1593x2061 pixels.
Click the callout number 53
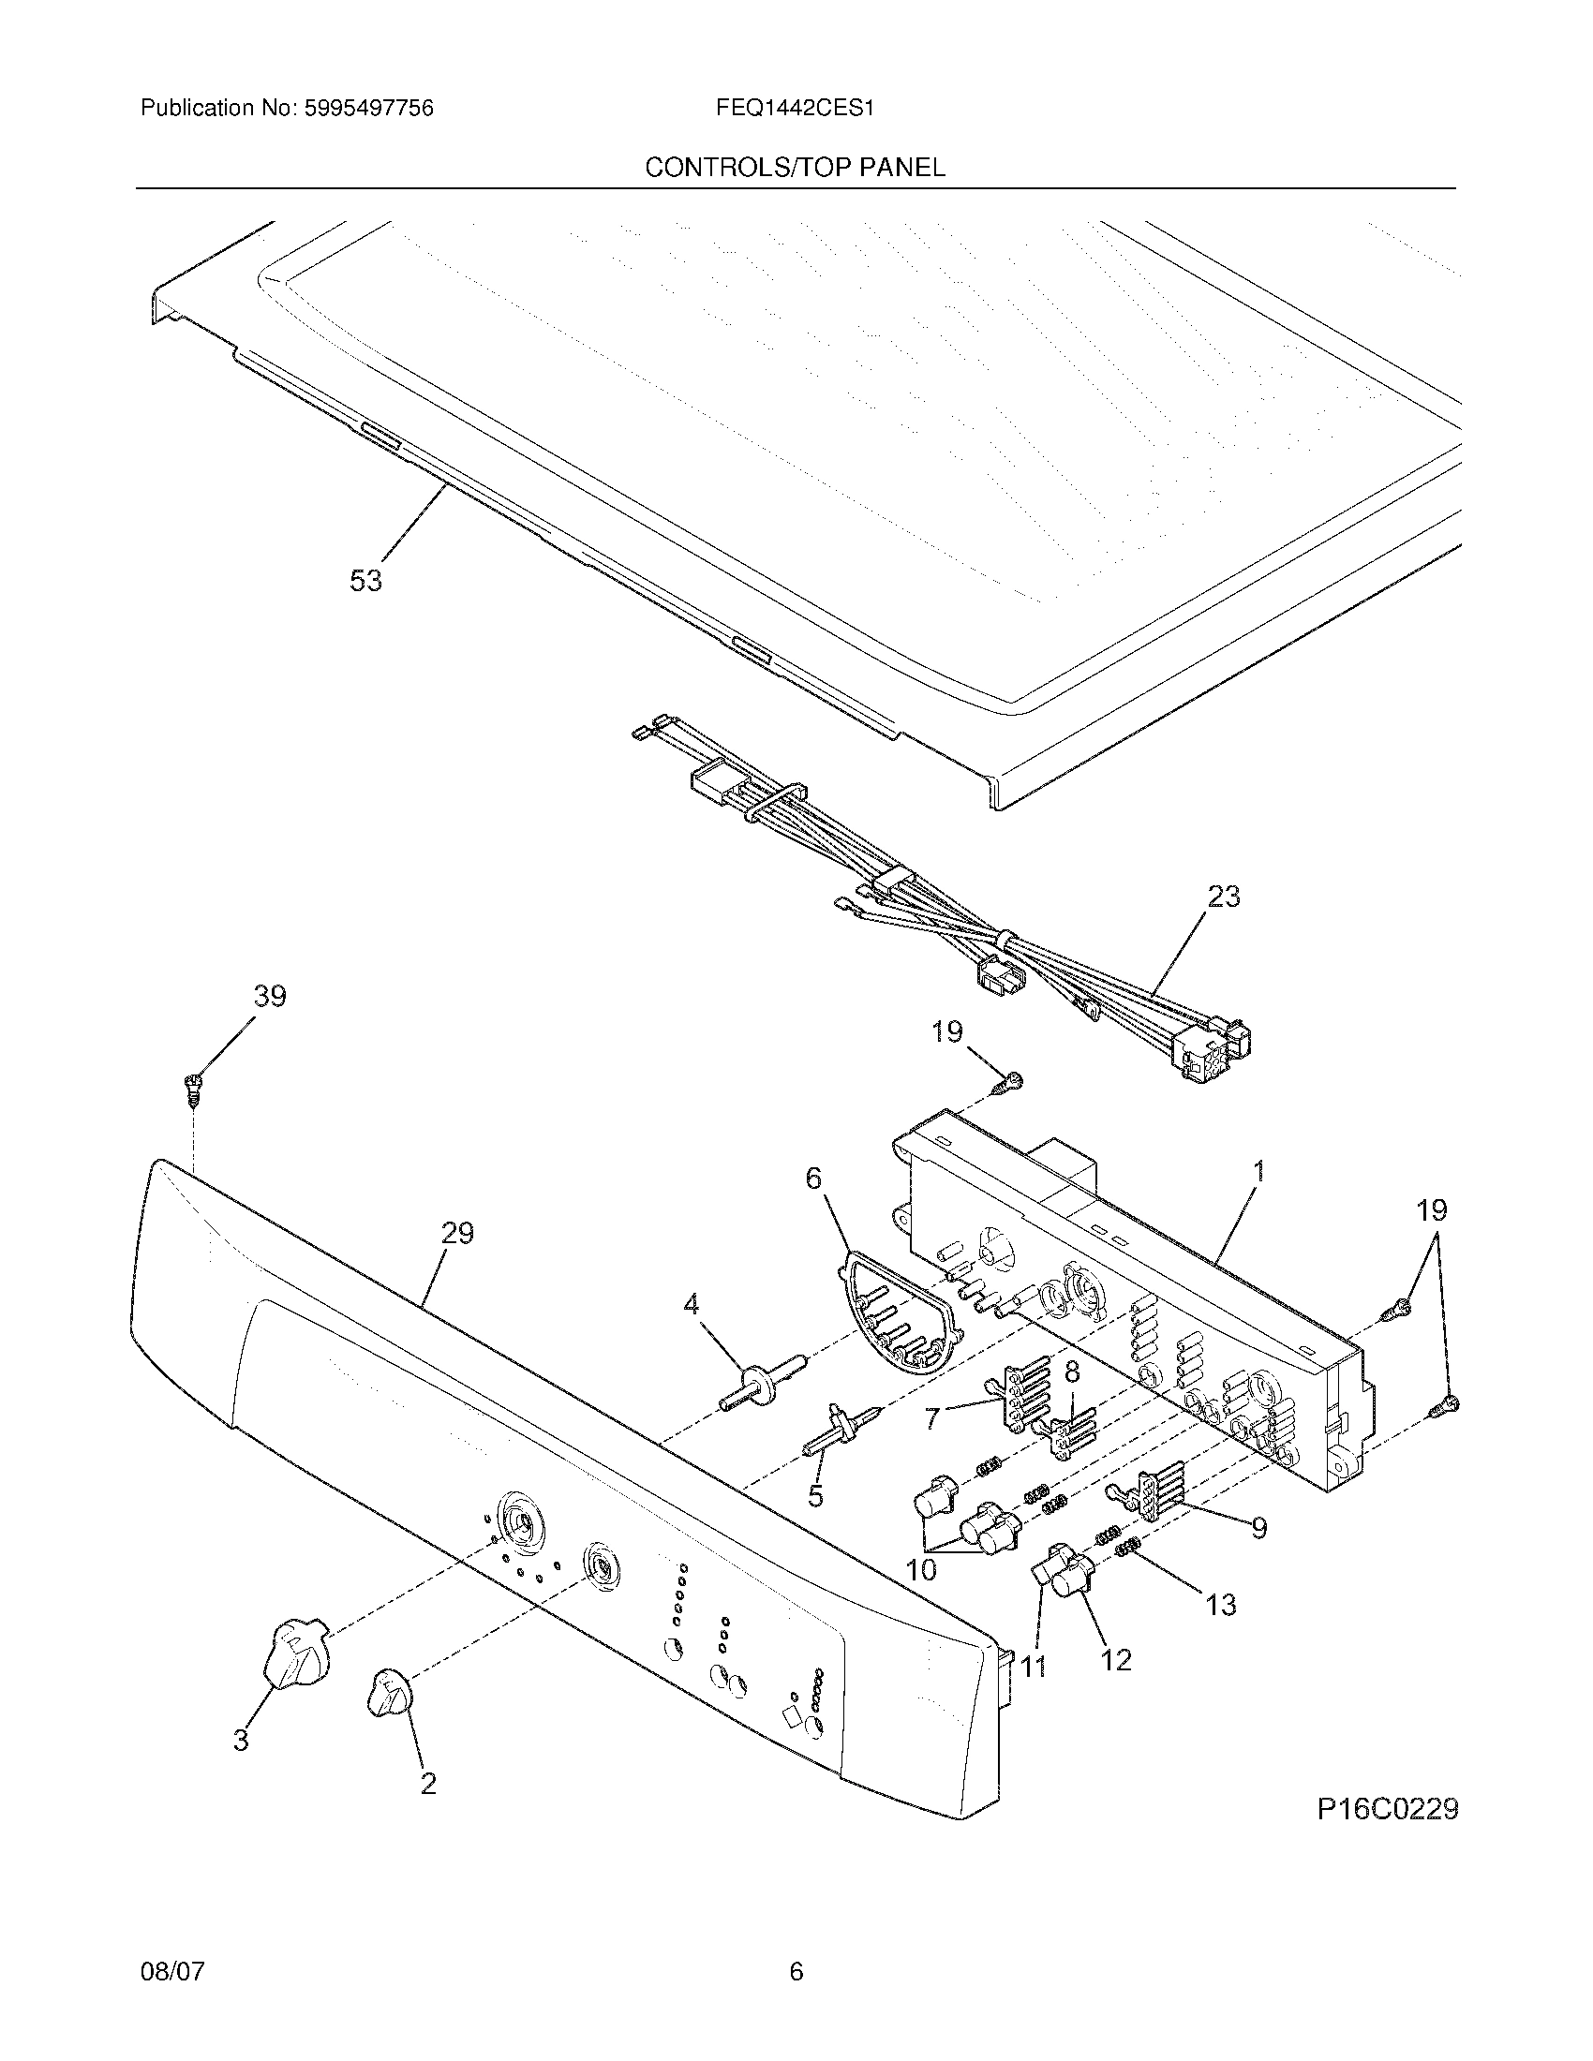pyautogui.click(x=366, y=581)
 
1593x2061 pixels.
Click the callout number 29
pyautogui.click(x=457, y=1234)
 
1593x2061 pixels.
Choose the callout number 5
pyautogui.click(x=815, y=1495)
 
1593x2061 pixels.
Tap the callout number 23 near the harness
pyautogui.click(x=1224, y=896)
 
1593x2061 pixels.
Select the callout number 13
pyautogui.click(x=1221, y=1604)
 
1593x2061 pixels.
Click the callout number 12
pyautogui.click(x=1116, y=1660)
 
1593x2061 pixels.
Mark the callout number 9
pyautogui.click(x=1258, y=1528)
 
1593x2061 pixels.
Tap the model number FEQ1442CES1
pyautogui.click(x=795, y=109)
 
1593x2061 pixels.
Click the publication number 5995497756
pyautogui.click(x=368, y=109)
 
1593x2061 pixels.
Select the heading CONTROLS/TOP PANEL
pyautogui.click(x=795, y=168)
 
